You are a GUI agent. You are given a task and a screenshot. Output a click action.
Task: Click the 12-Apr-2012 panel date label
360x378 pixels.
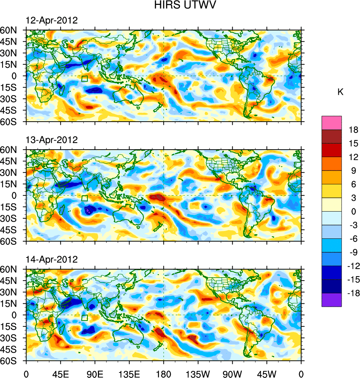pos(52,21)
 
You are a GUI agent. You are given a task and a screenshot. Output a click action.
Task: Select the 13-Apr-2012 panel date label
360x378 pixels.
pos(52,140)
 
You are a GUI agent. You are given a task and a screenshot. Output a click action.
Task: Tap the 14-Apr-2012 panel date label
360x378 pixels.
pos(52,259)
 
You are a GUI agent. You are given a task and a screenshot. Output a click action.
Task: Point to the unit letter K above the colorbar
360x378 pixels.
pos(340,92)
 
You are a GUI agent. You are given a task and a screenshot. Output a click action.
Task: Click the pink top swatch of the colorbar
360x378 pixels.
pos(332,122)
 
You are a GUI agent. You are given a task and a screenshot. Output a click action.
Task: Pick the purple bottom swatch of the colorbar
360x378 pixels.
pos(332,300)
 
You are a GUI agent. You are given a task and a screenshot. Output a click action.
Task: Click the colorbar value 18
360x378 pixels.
pos(353,130)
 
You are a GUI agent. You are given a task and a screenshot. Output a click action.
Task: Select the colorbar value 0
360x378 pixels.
pos(353,211)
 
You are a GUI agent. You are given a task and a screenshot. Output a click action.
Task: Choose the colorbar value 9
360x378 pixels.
pos(353,171)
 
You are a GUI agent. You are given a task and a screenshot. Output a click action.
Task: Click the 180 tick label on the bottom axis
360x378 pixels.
pos(164,373)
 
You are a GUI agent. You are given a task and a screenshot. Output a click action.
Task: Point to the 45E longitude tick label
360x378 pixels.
pos(60,373)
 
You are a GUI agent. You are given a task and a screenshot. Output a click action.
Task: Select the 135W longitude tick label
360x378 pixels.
pos(198,373)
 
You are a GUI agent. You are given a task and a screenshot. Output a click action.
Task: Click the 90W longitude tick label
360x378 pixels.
pos(232,373)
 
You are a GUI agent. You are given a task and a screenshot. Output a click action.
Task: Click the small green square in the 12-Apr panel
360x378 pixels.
pos(84,79)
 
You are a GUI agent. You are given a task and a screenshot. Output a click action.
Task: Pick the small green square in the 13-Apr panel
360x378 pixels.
pos(84,198)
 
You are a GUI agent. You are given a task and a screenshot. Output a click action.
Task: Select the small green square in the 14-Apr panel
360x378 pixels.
pos(84,318)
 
